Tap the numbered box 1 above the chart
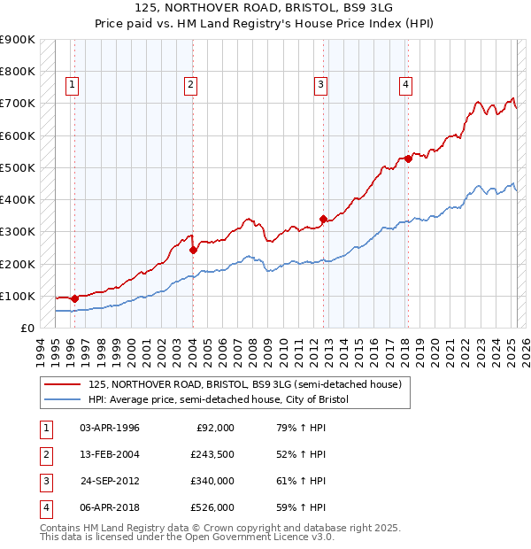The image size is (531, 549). (72, 85)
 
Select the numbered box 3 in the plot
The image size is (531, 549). (319, 85)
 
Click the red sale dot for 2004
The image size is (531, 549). (193, 250)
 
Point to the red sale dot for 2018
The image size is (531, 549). (408, 159)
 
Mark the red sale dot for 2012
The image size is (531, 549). (324, 219)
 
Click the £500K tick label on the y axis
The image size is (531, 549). (19, 167)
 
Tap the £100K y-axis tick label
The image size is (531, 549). (19, 296)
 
